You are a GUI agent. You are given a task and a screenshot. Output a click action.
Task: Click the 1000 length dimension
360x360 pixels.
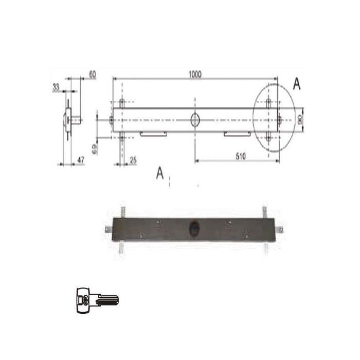tap(194, 75)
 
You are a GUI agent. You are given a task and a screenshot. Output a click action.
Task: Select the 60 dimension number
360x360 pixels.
tap(93, 75)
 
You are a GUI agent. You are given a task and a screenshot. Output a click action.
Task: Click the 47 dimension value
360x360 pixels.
tap(80, 160)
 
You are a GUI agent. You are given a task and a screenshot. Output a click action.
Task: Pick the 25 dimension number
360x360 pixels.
tap(133, 160)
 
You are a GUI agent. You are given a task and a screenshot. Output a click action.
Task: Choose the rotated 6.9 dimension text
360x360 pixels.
tap(95, 150)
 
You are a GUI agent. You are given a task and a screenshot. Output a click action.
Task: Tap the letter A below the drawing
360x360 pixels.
tap(160, 174)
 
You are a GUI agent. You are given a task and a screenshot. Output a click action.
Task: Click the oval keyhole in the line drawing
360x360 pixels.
tap(195, 119)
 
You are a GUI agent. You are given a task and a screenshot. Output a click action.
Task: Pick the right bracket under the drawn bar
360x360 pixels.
tap(237, 134)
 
